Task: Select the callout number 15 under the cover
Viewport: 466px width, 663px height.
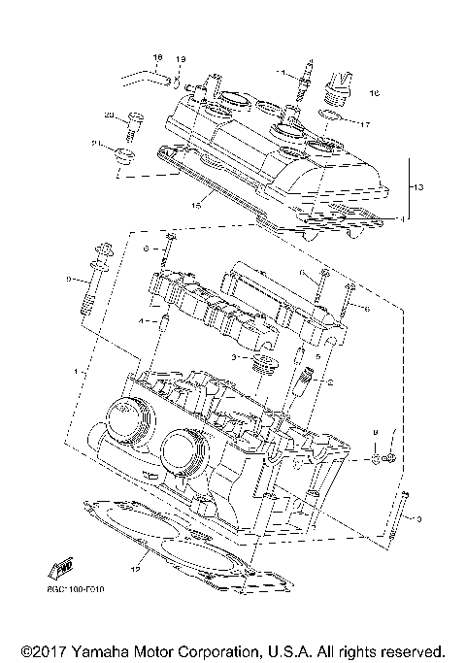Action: click(x=195, y=205)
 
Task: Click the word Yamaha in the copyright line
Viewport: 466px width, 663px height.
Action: click(x=105, y=649)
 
